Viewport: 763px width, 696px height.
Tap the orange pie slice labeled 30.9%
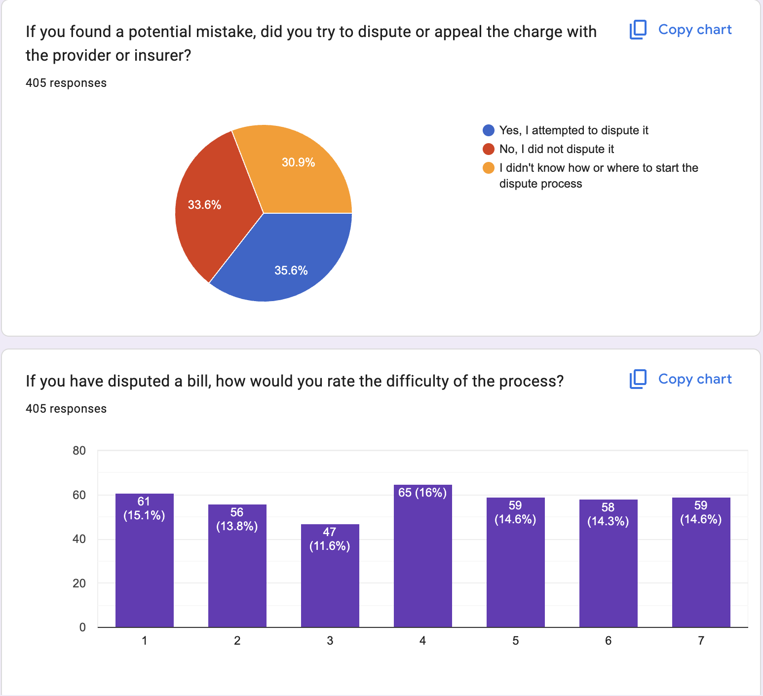296,168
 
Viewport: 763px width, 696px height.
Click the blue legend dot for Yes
489,130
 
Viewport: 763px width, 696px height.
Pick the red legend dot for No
489,149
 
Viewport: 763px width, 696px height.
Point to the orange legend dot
489,168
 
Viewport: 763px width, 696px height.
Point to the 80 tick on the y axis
79,451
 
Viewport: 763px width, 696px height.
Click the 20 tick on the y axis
79,583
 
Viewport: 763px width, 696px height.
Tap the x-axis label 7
701,641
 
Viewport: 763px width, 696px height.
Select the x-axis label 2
237,641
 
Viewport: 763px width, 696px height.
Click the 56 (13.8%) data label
237,519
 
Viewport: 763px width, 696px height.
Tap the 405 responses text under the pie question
66,83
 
